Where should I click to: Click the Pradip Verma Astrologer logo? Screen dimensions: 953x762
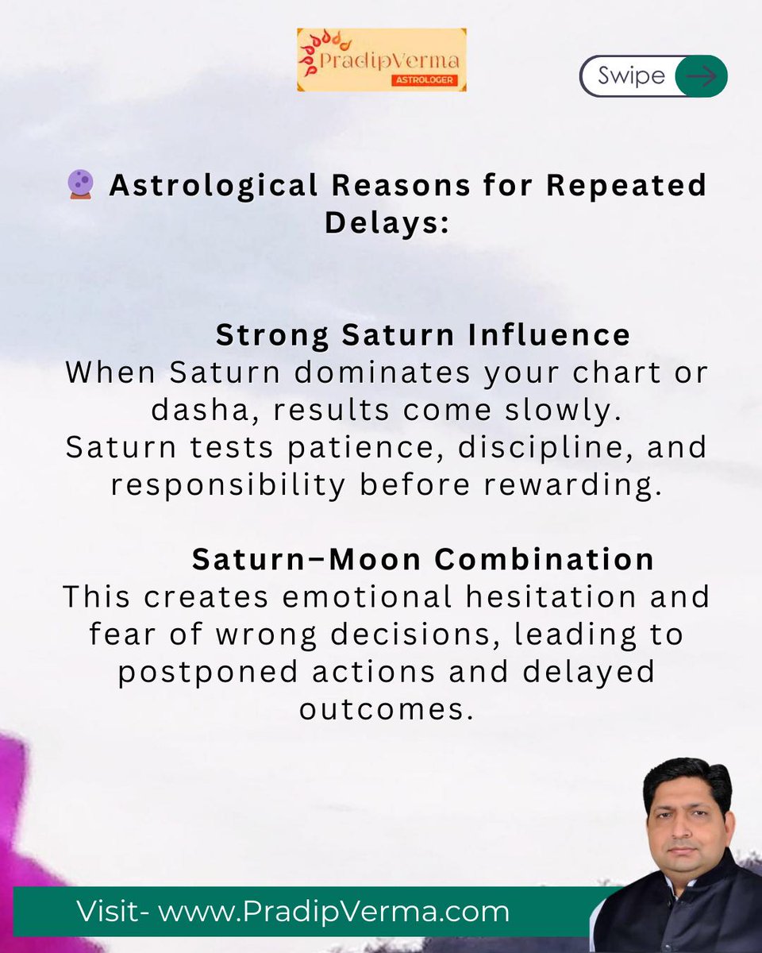381,60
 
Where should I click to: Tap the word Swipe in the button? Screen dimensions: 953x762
632,76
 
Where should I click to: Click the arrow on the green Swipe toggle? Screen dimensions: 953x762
701,76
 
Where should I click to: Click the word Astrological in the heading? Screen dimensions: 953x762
213,186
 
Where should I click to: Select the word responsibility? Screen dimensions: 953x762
228,484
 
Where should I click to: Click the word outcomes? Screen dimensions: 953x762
387,708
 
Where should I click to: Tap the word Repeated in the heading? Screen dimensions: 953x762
621,186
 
